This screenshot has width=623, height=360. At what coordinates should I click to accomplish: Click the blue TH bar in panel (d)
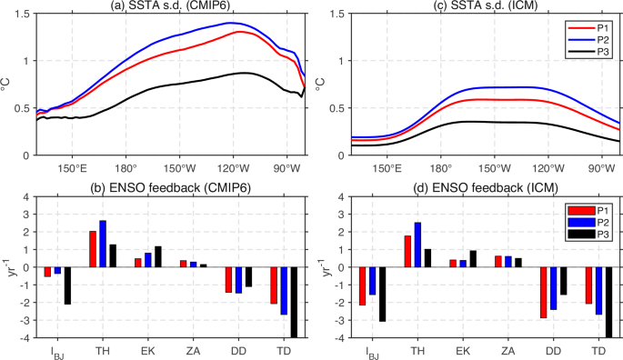coord(417,245)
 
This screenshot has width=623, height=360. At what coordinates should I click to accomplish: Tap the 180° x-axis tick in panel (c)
coord(440,168)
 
